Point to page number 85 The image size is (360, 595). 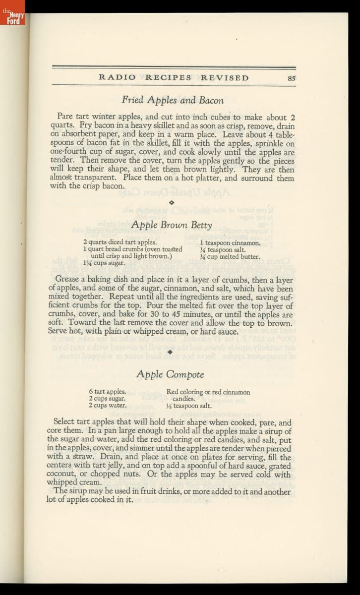(x=291, y=78)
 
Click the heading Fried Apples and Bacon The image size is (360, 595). (x=173, y=101)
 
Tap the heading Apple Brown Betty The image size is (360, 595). (x=172, y=225)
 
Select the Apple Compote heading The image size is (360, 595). (x=170, y=374)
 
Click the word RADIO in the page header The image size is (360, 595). (x=118, y=78)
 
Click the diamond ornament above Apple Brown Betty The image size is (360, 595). (x=171, y=202)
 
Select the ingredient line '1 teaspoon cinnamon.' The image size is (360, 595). (x=230, y=243)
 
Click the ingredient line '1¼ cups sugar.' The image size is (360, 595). (x=104, y=263)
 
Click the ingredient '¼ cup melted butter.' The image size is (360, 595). (x=230, y=257)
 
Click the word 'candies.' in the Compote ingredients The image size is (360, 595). (x=183, y=399)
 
